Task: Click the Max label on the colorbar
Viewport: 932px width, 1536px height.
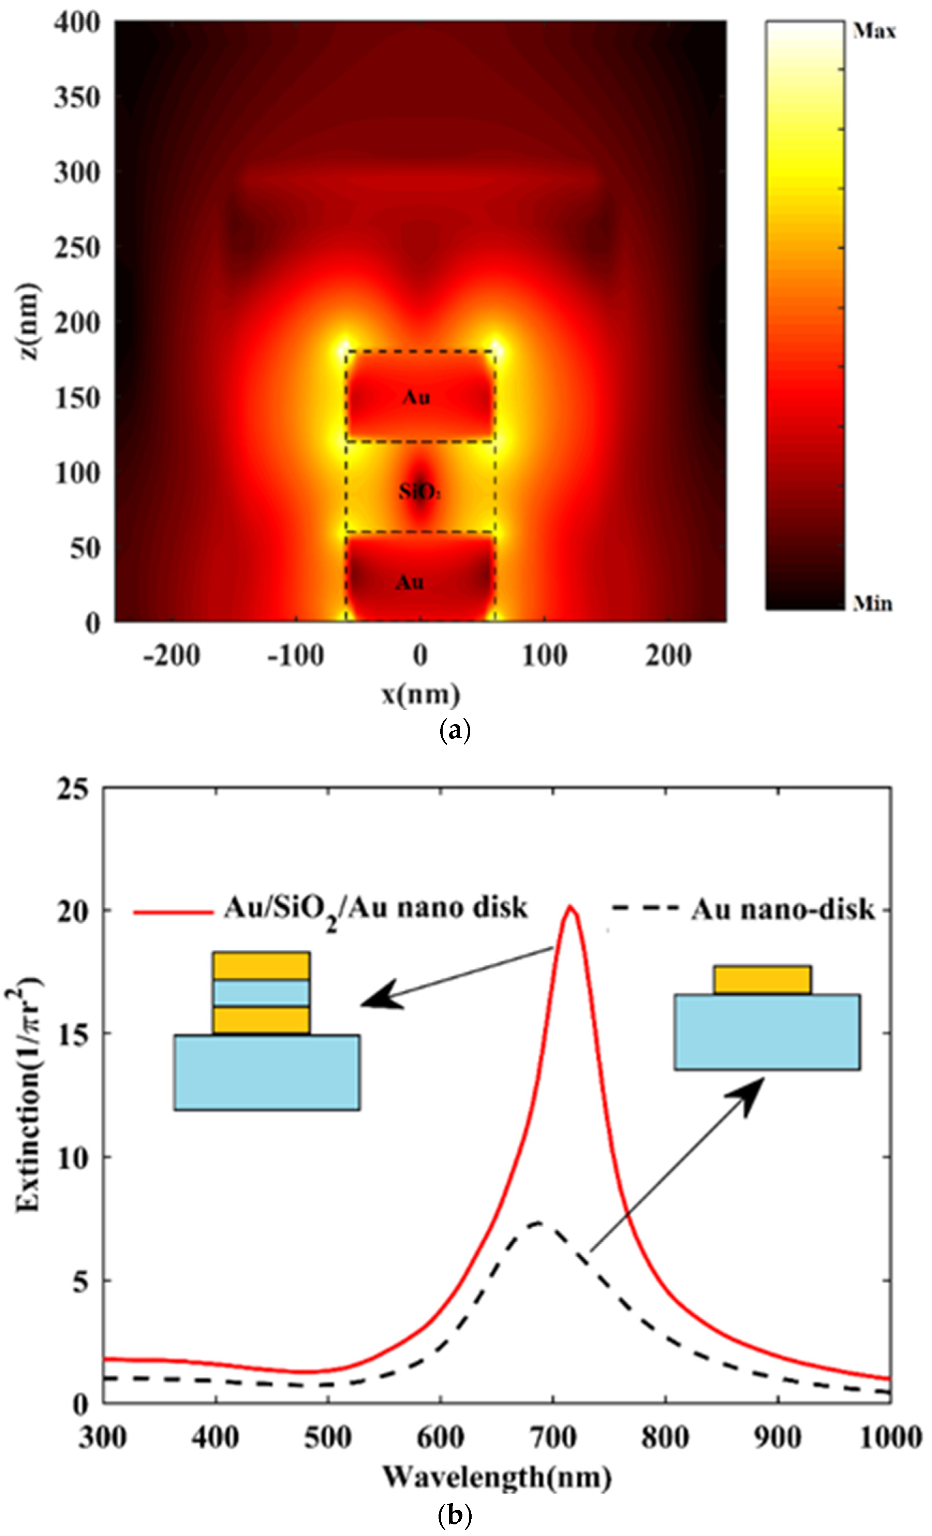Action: (874, 31)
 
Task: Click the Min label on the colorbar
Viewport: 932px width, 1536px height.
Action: (872, 603)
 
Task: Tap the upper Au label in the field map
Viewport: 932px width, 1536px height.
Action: (416, 397)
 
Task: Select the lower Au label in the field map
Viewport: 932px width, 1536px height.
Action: (410, 582)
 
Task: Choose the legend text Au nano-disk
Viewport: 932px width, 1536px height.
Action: (783, 911)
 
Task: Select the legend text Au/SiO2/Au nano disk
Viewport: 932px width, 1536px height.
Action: (375, 909)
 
